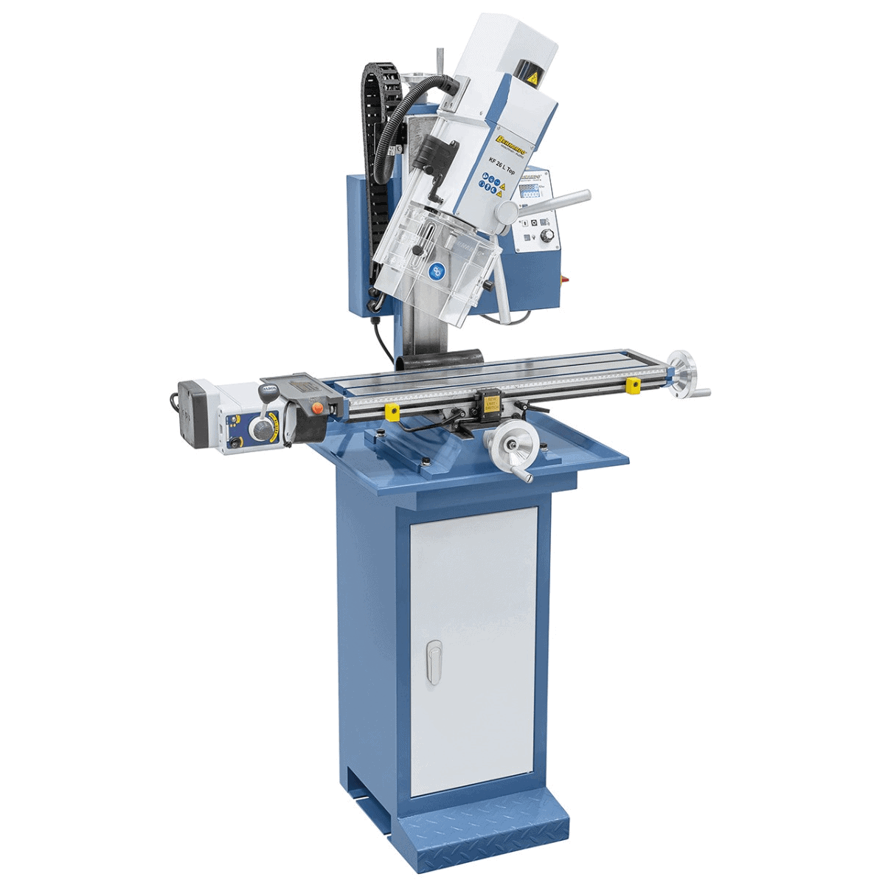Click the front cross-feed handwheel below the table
(x=508, y=445)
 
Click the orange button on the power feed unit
(x=319, y=406)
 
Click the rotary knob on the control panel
(x=547, y=235)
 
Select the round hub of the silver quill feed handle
(x=507, y=212)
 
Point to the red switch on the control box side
(x=566, y=279)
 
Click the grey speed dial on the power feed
(x=260, y=427)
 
